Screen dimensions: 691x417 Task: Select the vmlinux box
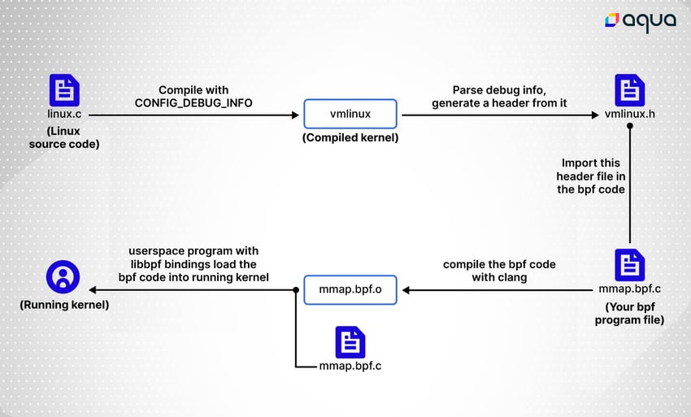[x=350, y=114]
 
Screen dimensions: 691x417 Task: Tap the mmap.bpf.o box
[x=350, y=289]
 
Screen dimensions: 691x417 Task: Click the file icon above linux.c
[x=64, y=90]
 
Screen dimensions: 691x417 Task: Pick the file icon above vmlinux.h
[x=630, y=90]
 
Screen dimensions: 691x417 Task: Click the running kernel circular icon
[x=63, y=277]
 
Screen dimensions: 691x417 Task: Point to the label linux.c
[x=64, y=114]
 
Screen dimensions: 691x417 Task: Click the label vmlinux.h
[x=630, y=114]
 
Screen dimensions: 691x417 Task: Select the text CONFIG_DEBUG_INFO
[x=193, y=103]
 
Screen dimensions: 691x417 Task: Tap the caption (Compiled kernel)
[x=350, y=137]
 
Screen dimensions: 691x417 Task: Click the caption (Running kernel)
[x=64, y=305]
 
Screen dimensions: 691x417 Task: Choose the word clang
[x=512, y=278]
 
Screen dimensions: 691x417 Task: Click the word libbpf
[x=146, y=264]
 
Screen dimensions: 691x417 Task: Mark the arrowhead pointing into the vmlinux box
[x=295, y=115]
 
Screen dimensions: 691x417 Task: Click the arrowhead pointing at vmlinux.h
[x=595, y=115]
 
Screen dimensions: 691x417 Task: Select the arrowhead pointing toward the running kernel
[x=93, y=289]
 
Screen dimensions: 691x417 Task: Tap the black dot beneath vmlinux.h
[x=630, y=126]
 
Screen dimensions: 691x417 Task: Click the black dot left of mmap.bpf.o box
[x=296, y=289]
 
